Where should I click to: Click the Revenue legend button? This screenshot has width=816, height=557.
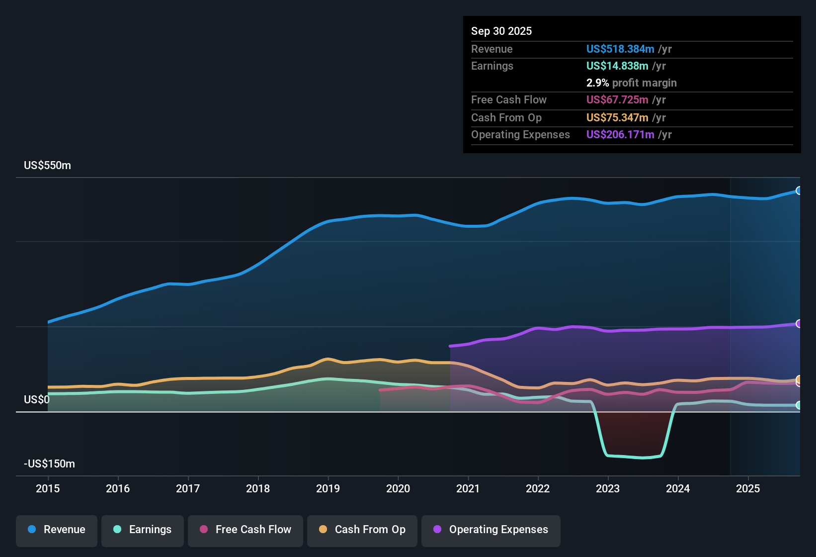(57, 530)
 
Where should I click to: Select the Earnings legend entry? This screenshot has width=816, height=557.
(143, 530)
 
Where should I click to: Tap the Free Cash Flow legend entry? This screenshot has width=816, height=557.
(245, 530)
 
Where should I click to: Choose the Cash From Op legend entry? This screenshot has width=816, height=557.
(362, 530)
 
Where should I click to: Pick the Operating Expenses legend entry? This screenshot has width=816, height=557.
(491, 530)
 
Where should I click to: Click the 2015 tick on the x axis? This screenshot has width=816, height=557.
(48, 488)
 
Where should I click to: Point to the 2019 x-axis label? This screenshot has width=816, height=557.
(328, 488)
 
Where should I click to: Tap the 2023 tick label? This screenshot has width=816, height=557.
(608, 488)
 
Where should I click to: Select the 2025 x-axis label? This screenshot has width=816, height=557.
(748, 488)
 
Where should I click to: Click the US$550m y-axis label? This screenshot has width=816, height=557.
(47, 166)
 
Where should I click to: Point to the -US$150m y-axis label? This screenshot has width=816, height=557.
(49, 464)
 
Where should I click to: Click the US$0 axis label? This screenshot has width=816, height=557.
(37, 400)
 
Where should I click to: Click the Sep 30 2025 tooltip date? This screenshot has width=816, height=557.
(501, 31)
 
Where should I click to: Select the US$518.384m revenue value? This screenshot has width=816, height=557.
(620, 49)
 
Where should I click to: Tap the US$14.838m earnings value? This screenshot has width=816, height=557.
(617, 66)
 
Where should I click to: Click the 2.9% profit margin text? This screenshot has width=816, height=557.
(631, 83)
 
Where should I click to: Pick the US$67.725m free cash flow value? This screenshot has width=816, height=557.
(617, 99)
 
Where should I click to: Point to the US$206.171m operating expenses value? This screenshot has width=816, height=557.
(620, 134)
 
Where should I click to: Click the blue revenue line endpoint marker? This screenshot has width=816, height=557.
(799, 190)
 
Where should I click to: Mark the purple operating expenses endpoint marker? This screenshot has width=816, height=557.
(799, 324)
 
